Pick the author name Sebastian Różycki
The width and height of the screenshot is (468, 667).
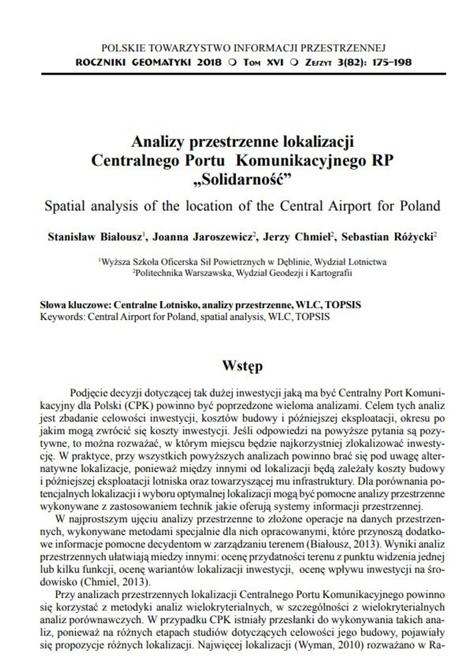pos(388,236)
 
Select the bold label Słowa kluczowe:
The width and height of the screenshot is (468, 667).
pos(76,306)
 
